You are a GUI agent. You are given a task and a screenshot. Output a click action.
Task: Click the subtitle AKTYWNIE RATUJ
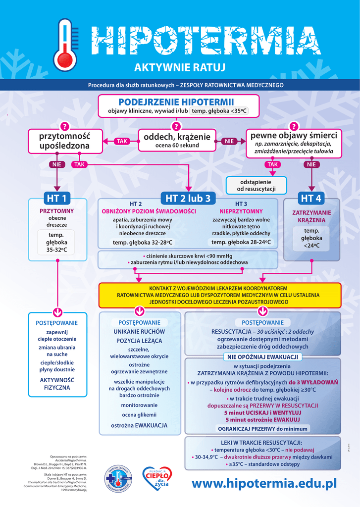click(x=180, y=67)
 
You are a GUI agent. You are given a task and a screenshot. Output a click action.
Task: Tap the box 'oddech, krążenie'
click(x=177, y=140)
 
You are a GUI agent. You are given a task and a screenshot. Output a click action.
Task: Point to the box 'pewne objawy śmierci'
click(x=294, y=142)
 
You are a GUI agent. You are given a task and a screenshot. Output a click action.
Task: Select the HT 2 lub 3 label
click(x=188, y=199)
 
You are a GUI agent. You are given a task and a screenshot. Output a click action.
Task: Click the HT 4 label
click(x=311, y=199)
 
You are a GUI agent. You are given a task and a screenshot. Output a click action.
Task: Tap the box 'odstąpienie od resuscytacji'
click(x=256, y=185)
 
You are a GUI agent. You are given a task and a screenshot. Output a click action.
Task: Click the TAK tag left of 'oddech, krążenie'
click(x=122, y=142)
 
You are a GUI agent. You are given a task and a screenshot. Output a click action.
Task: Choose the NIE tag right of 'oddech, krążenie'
click(x=229, y=142)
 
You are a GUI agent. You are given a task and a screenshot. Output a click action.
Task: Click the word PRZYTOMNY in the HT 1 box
click(x=57, y=211)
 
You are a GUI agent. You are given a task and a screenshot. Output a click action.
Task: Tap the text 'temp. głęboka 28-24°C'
click(x=241, y=242)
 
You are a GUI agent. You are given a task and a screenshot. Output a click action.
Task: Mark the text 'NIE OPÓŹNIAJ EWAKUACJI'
click(x=262, y=357)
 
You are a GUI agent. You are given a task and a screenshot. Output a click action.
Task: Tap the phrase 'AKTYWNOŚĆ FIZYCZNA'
click(x=57, y=384)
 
